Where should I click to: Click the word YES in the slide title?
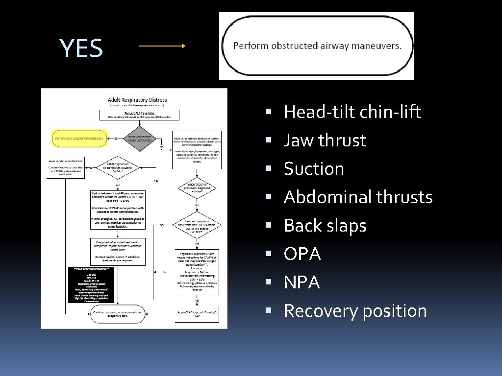[81, 48]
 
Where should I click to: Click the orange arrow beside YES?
[162, 46]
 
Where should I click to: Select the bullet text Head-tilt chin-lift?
[352, 112]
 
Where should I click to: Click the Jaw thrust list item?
[325, 141]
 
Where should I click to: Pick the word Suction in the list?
[314, 169]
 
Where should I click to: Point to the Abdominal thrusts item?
[358, 197]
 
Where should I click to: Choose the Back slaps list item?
[325, 226]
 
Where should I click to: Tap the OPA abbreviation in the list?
[302, 254]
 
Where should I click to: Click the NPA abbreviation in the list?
[302, 282]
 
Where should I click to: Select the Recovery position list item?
[355, 311]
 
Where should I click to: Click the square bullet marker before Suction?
[268, 169]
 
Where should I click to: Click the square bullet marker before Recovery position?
[268, 311]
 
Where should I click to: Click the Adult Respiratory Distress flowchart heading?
[137, 100]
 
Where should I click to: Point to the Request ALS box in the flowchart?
[137, 115]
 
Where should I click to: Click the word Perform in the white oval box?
[251, 46]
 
